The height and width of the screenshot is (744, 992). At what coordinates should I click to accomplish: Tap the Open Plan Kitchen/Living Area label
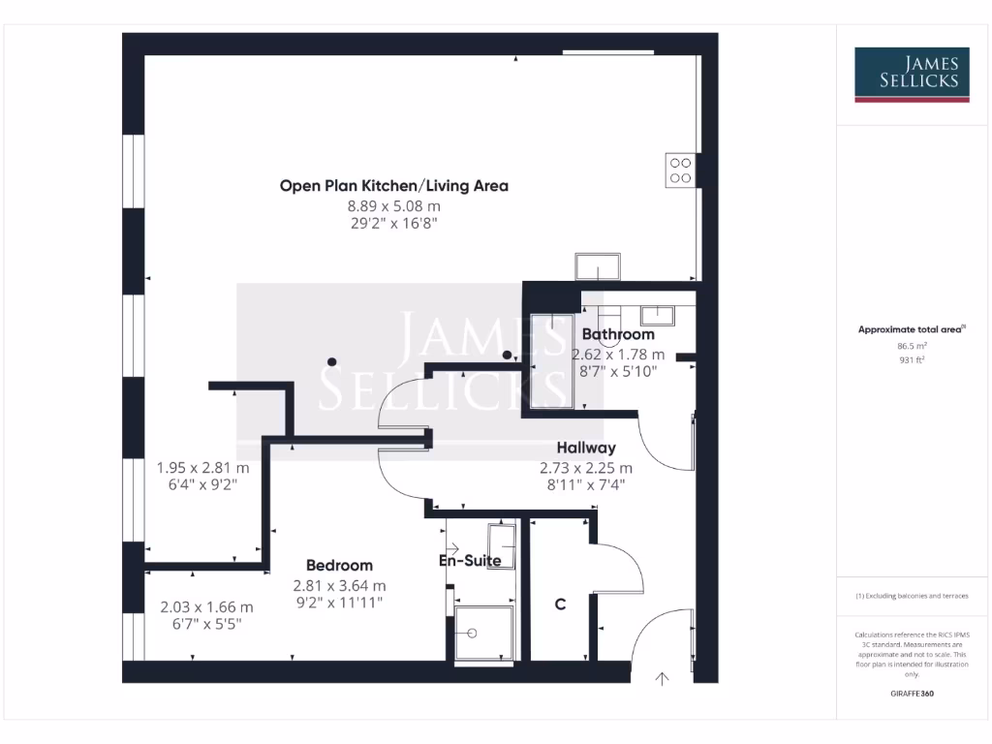pyautogui.click(x=393, y=185)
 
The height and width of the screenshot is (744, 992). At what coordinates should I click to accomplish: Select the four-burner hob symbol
pyautogui.click(x=680, y=170)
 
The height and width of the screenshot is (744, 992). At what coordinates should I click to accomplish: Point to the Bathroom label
pyautogui.click(x=618, y=334)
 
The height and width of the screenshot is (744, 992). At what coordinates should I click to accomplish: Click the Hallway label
pyautogui.click(x=586, y=448)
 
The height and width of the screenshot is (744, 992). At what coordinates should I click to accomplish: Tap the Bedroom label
pyautogui.click(x=339, y=565)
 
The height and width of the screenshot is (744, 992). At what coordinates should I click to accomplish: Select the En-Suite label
pyautogui.click(x=471, y=561)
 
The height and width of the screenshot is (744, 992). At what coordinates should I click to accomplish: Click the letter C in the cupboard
pyautogui.click(x=560, y=604)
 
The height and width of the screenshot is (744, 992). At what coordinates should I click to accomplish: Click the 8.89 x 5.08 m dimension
pyautogui.click(x=393, y=205)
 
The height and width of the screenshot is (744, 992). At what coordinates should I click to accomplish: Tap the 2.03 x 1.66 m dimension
pyautogui.click(x=206, y=607)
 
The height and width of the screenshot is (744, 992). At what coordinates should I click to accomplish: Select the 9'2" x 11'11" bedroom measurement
pyautogui.click(x=339, y=603)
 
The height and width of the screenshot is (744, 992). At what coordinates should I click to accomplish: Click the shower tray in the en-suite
pyautogui.click(x=485, y=633)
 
